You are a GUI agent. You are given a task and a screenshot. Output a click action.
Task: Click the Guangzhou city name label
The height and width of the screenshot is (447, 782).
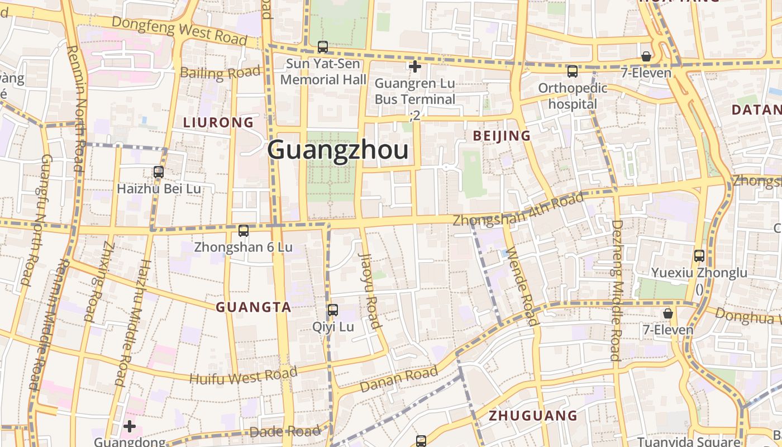tap(337, 150)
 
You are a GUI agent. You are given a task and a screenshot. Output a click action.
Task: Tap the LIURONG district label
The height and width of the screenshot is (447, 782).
tap(218, 122)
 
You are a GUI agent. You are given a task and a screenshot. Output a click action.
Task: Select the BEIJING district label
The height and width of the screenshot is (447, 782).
tap(502, 136)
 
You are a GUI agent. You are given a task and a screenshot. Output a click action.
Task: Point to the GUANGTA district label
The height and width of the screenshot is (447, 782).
tap(254, 307)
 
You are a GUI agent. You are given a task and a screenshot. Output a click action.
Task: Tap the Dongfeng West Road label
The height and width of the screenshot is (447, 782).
tap(179, 30)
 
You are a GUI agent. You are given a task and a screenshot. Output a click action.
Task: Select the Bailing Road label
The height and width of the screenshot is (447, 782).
tap(220, 73)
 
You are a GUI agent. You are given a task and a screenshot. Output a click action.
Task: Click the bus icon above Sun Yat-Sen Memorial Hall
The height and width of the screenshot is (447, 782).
tap(323, 47)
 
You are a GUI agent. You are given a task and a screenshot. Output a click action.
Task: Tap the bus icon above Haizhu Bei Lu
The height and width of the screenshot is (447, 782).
tap(159, 172)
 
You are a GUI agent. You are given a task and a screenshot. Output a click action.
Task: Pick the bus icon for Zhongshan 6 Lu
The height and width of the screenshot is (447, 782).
tap(243, 230)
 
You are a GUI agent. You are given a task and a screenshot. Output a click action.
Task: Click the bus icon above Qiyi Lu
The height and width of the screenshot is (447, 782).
tap(333, 310)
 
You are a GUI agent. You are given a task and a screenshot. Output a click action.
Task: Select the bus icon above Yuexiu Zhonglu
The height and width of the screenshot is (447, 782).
tap(699, 256)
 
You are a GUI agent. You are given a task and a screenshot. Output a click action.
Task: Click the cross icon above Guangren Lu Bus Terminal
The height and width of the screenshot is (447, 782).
tap(414, 67)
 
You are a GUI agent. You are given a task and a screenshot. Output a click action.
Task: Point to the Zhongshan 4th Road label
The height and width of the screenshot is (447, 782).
tap(518, 209)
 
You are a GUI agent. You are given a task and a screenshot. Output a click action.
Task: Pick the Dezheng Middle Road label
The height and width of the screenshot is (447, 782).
tap(616, 291)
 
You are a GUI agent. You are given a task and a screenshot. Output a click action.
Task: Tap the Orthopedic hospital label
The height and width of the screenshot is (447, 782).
tap(573, 96)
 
